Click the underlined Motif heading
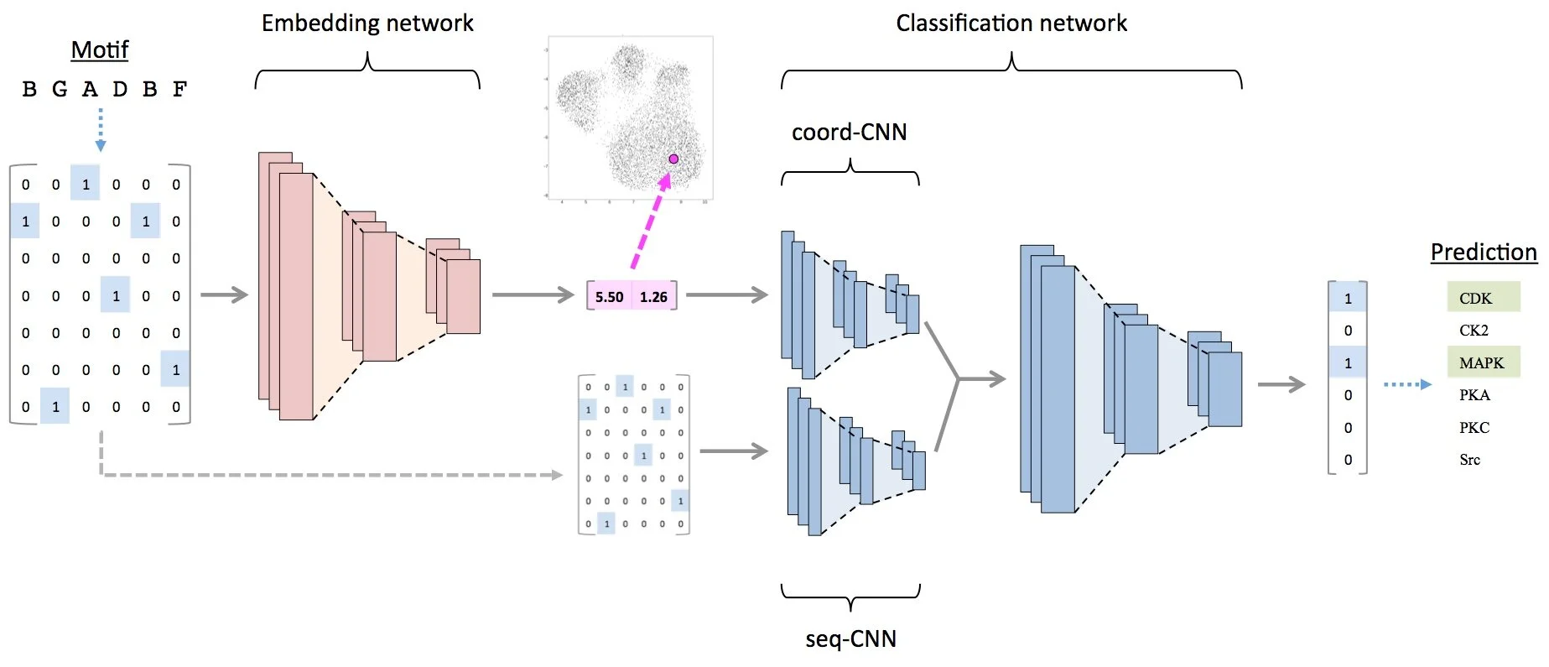(x=99, y=50)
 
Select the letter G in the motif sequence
(x=59, y=89)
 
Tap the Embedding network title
(x=367, y=23)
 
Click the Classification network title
(x=1011, y=23)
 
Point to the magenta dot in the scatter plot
(x=673, y=159)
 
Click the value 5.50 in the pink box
(x=609, y=297)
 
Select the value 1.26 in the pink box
(x=653, y=297)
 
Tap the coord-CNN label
(x=849, y=133)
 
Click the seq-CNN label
(x=850, y=639)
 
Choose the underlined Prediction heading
(x=1483, y=253)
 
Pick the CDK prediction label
(x=1475, y=299)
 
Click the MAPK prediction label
(x=1481, y=363)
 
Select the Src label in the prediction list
(x=1469, y=460)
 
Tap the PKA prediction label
(x=1474, y=395)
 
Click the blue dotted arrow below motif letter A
(x=101, y=129)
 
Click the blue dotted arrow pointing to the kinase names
(x=1406, y=384)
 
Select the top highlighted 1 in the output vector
(x=1348, y=299)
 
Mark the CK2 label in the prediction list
(x=1474, y=331)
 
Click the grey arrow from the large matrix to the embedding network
(x=224, y=294)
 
